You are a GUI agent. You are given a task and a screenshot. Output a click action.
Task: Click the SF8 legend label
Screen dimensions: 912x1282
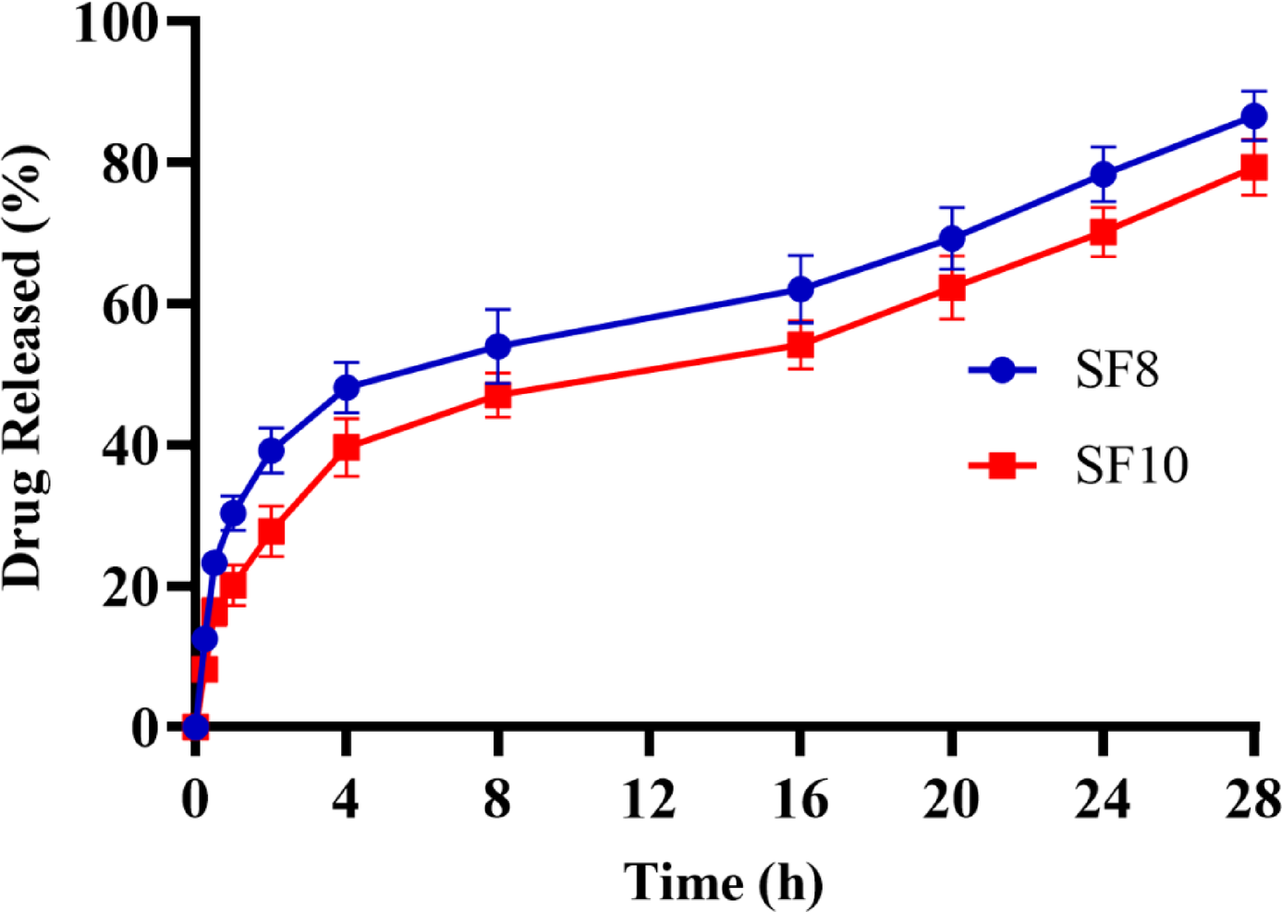point(1117,370)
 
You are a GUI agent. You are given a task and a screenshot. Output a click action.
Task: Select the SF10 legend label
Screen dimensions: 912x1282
point(1131,465)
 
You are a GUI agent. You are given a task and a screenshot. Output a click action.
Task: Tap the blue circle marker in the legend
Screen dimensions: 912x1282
point(1002,371)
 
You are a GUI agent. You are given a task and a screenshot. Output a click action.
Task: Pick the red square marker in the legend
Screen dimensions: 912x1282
point(1002,465)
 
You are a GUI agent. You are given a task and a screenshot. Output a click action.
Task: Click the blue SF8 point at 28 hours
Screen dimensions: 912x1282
point(1253,117)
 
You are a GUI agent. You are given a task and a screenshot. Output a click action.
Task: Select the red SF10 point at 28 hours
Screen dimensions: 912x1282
point(1253,167)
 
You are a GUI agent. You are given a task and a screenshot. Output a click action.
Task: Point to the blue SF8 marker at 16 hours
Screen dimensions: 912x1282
point(800,290)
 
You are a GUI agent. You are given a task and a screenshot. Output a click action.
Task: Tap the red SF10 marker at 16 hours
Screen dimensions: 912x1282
point(800,345)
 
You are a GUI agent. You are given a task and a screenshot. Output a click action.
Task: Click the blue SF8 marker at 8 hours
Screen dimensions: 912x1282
point(497,347)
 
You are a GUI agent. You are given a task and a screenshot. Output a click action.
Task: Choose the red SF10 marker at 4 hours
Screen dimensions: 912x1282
point(346,448)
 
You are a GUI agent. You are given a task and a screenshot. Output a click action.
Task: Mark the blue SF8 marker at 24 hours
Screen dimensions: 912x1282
point(1103,174)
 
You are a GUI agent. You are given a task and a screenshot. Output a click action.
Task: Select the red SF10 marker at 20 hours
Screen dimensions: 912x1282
point(952,289)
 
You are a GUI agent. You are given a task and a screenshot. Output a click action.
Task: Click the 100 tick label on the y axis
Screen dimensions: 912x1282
point(116,22)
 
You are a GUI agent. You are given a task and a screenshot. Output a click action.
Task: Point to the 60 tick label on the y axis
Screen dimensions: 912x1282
point(130,305)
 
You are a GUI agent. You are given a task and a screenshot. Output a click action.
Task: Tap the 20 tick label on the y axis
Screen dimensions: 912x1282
point(130,587)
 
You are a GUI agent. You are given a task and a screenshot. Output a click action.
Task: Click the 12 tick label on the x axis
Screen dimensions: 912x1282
point(649,799)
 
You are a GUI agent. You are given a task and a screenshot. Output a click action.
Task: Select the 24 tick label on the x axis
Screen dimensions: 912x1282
point(1103,799)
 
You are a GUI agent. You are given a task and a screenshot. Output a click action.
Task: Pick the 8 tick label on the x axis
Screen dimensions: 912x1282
point(497,799)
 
